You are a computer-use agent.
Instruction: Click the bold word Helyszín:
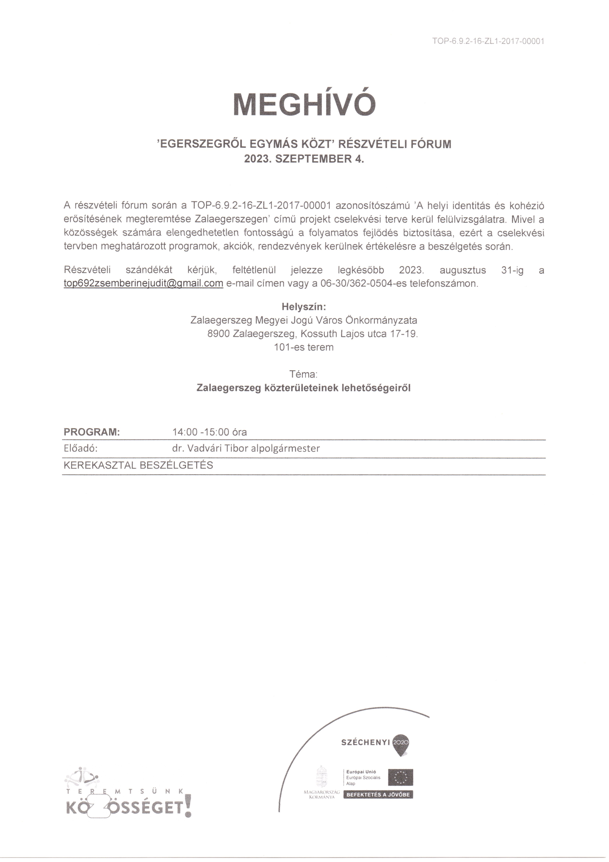[x=304, y=307]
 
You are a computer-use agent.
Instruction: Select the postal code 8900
[x=218, y=334]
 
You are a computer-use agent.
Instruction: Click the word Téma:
[x=304, y=374]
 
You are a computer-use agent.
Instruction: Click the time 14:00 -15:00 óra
[x=209, y=432]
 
